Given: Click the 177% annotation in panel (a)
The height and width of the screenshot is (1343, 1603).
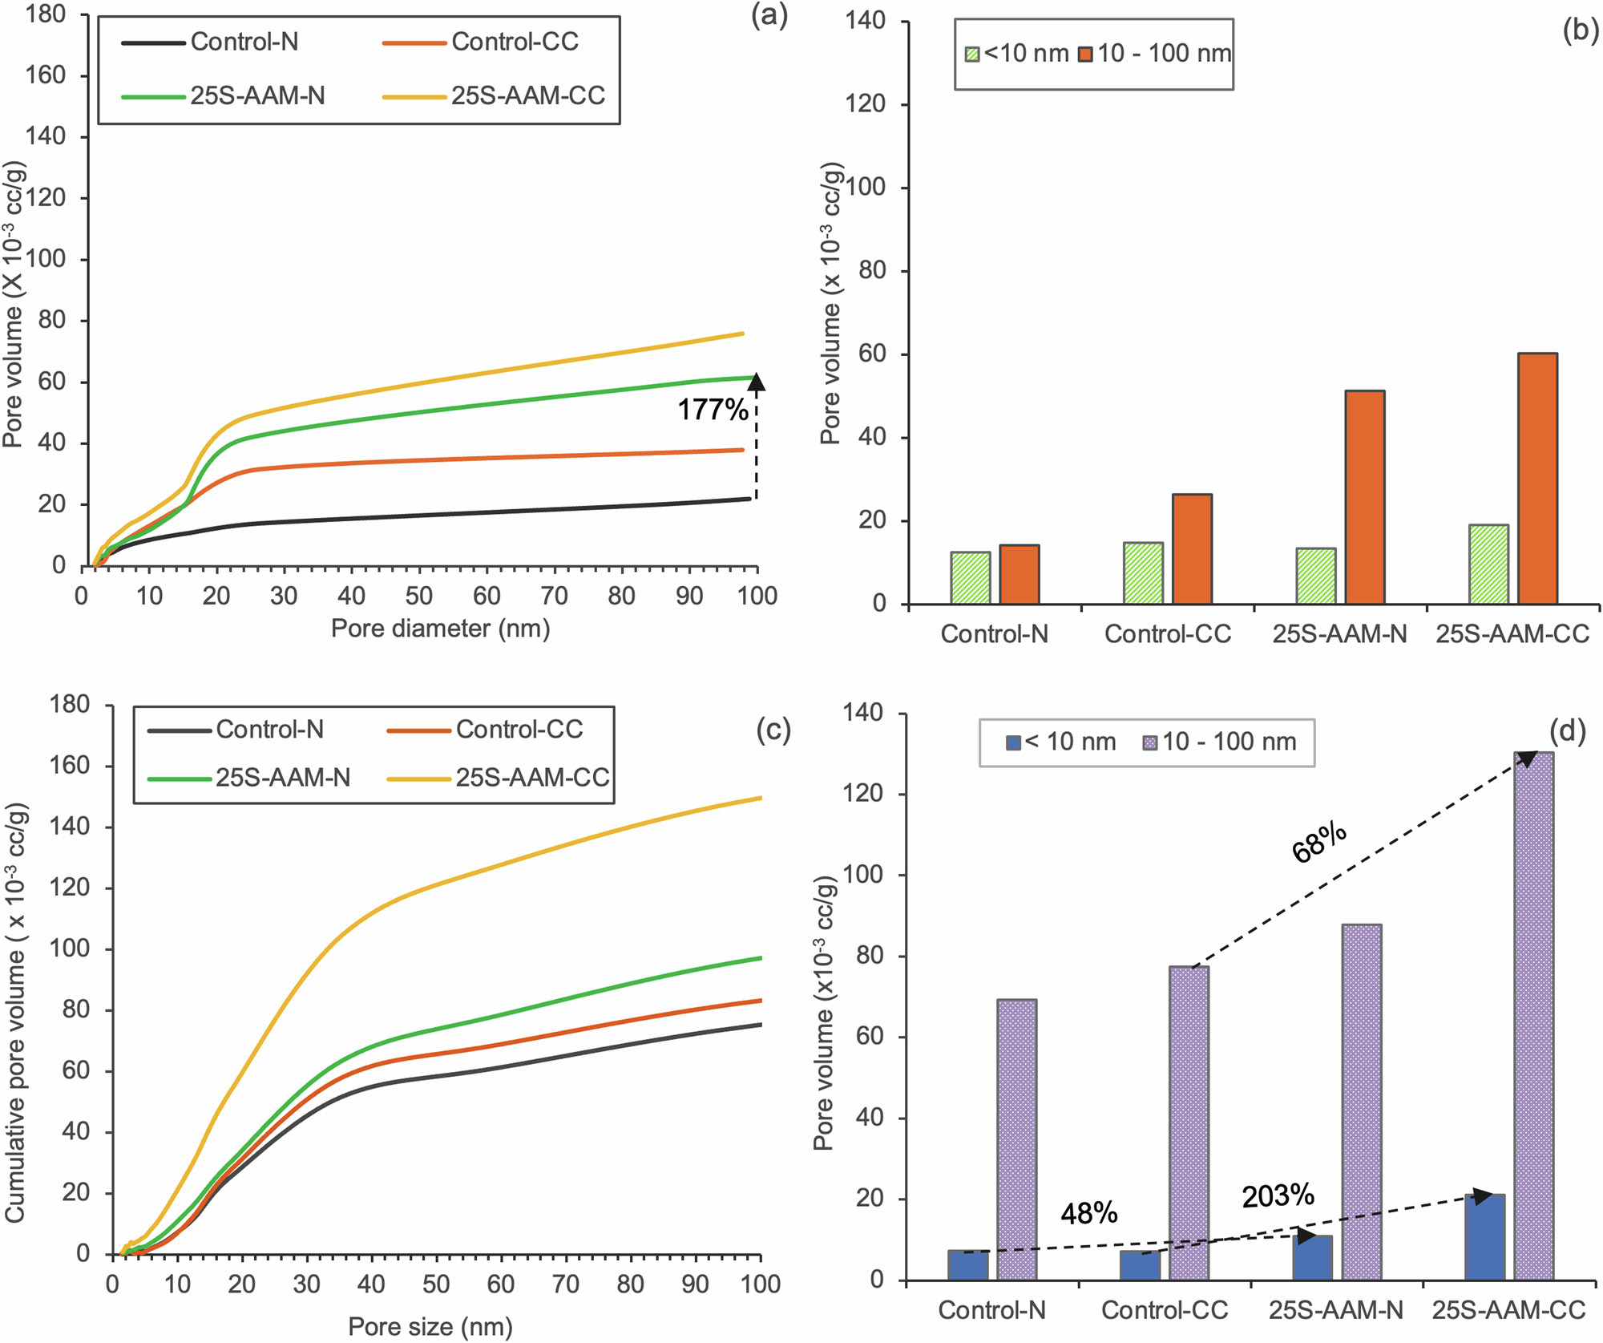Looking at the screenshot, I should pyautogui.click(x=713, y=410).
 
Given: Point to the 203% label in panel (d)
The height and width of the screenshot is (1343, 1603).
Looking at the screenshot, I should pyautogui.click(x=1278, y=1196).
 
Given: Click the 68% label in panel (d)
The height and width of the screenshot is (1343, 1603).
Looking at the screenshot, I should pyautogui.click(x=1319, y=843).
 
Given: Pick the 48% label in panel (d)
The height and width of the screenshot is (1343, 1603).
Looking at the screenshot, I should pyautogui.click(x=1088, y=1214).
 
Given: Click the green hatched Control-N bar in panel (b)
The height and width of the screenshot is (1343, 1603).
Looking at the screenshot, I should pyautogui.click(x=970, y=577).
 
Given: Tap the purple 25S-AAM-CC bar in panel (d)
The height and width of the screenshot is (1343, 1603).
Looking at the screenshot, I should pyautogui.click(x=1533, y=1015).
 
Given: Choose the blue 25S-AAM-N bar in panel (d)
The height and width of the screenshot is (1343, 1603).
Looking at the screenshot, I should pyautogui.click(x=1312, y=1257).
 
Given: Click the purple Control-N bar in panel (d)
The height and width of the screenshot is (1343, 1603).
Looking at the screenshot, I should pyautogui.click(x=1016, y=1139).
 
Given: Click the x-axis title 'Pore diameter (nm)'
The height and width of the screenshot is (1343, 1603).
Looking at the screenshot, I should pyautogui.click(x=440, y=628).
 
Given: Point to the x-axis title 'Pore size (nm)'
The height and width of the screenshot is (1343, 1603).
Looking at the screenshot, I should pyautogui.click(x=430, y=1326).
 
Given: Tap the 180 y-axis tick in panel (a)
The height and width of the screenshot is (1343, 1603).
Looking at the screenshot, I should pyautogui.click(x=46, y=14).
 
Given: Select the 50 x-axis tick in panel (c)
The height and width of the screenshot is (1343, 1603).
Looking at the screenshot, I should pyautogui.click(x=436, y=1284).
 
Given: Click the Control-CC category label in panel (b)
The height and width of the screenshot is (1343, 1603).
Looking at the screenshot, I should pyautogui.click(x=1167, y=634).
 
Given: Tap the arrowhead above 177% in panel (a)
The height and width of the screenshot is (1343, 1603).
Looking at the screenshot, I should pyautogui.click(x=756, y=382).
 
